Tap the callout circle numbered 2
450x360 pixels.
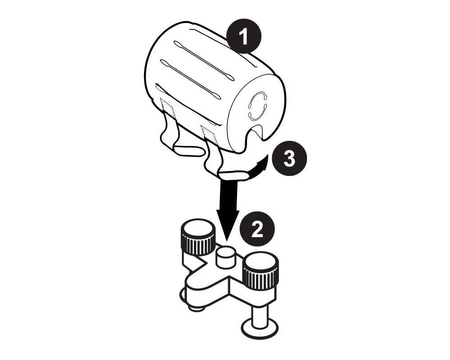click(x=257, y=229)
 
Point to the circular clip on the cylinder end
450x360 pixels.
click(x=258, y=107)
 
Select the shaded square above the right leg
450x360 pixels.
click(x=209, y=135)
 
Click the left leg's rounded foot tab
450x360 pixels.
click(x=188, y=149)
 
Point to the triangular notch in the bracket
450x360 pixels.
click(x=198, y=262)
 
